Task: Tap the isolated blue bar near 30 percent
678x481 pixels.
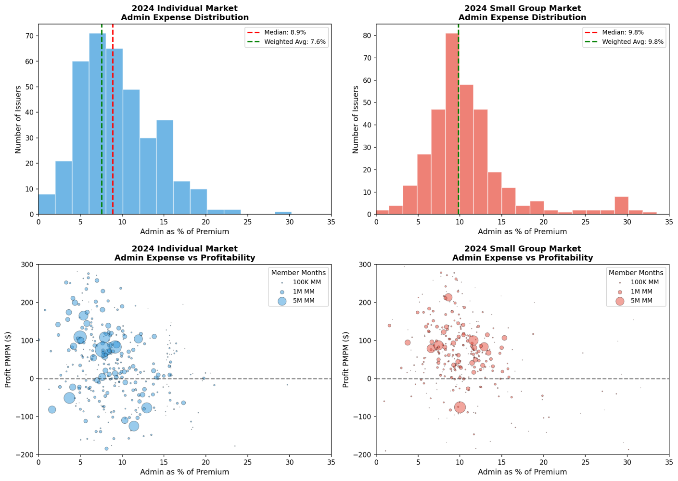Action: [x=283, y=213]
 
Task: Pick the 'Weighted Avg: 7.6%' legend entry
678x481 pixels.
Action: [x=286, y=42]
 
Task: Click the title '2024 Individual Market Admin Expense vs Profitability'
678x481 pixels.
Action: [x=185, y=253]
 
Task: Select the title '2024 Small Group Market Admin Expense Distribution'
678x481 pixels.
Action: [x=522, y=13]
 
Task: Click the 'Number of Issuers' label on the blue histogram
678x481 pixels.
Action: [x=18, y=119]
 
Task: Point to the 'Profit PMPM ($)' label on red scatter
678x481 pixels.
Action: [x=346, y=359]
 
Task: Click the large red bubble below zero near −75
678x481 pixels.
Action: [x=460, y=407]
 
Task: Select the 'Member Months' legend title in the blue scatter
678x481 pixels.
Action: [x=298, y=273]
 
